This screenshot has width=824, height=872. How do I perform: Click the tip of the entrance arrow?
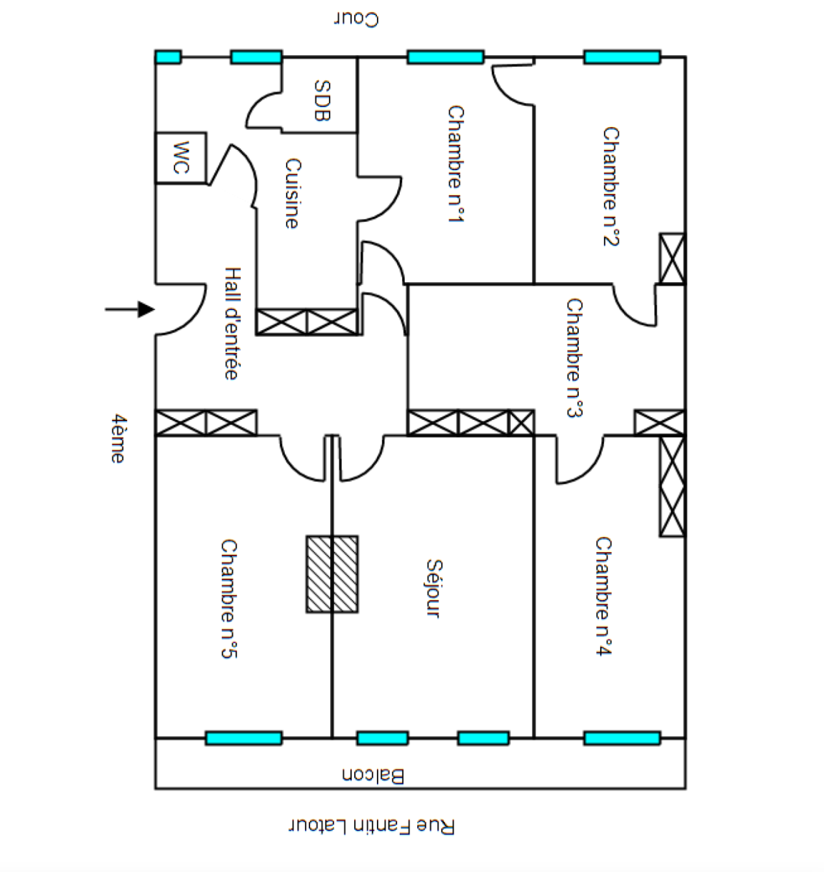(x=154, y=310)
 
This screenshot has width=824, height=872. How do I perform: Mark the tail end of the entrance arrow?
(x=106, y=310)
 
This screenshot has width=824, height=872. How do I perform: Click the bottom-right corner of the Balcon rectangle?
(x=685, y=788)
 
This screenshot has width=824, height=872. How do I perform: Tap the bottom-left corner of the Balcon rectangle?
(x=156, y=788)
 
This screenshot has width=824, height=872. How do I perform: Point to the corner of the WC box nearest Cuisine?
(x=207, y=183)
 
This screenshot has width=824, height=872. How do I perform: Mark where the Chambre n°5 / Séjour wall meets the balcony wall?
(x=332, y=738)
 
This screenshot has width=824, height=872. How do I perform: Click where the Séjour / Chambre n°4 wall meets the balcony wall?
(x=534, y=738)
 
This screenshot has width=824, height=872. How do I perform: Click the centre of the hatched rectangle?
(x=332, y=574)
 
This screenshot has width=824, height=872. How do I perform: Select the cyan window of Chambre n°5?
(x=244, y=738)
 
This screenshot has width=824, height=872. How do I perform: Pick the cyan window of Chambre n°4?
(x=622, y=738)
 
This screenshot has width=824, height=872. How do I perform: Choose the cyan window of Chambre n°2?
(x=622, y=57)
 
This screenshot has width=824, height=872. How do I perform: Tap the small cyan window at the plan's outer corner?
(x=168, y=57)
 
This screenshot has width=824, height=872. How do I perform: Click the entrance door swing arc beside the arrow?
(x=181, y=309)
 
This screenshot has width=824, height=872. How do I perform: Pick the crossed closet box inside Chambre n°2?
(x=672, y=259)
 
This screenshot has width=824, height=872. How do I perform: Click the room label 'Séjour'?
(x=434, y=588)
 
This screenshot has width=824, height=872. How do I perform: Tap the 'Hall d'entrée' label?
(x=232, y=323)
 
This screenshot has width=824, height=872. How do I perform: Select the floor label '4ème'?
(x=118, y=438)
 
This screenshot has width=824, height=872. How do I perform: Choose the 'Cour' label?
(x=356, y=19)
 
